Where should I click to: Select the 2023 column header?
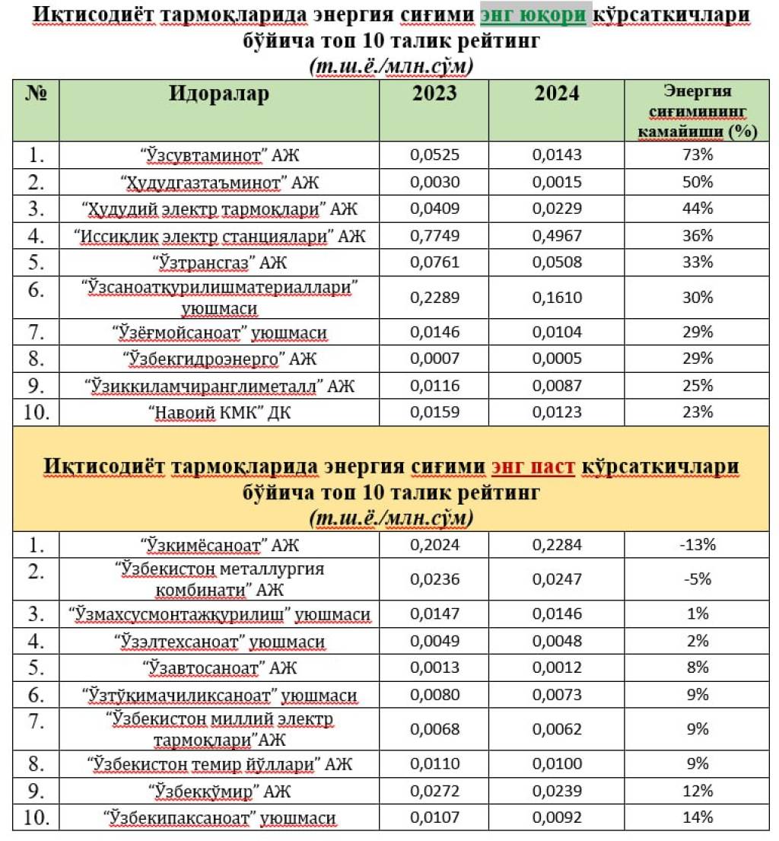[434, 93]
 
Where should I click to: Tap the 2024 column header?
[556, 93]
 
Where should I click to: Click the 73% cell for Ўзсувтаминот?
[698, 155]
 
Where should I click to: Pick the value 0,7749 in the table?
[434, 236]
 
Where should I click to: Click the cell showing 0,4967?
[557, 236]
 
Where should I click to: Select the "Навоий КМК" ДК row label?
[219, 413]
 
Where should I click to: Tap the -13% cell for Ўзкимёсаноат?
[698, 544]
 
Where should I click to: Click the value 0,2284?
[557, 544]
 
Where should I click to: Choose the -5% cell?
[698, 578]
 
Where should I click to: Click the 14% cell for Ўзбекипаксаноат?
[698, 817]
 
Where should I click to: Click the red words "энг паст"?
[533, 465]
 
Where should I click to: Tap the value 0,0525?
[434, 155]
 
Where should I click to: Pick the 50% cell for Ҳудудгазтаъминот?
[698, 182]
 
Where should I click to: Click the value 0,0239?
[557, 791]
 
